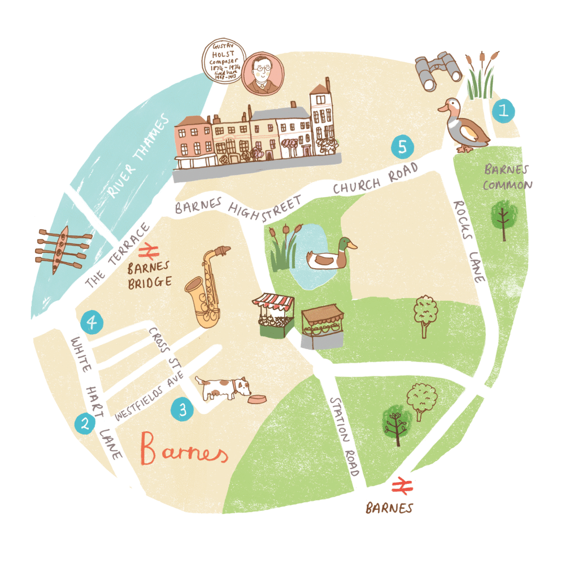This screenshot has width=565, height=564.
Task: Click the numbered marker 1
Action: (x=503, y=110)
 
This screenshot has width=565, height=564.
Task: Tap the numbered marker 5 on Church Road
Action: (x=402, y=148)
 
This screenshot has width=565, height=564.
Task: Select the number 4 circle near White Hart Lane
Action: (x=92, y=323)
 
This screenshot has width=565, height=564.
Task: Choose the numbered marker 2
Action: (x=85, y=423)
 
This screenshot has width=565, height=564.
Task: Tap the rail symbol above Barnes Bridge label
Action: (x=148, y=249)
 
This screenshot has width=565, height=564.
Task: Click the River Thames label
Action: (x=137, y=156)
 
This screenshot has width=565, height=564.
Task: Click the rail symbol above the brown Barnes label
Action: (x=402, y=486)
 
